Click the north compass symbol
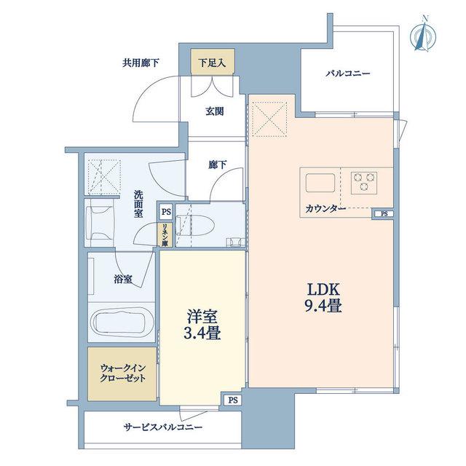coord(422,36)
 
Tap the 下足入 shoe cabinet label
coord(212,63)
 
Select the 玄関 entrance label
coord(215,111)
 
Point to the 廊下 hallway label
coord(218,165)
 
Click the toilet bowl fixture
coord(195,226)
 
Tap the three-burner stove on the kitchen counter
coord(364,183)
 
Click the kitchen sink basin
coord(320,183)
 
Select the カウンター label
coord(325,209)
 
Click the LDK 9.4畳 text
coord(323,297)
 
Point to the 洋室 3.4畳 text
coord(202,325)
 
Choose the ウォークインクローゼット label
coord(123,373)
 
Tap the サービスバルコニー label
coord(163,427)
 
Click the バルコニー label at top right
coord(348,73)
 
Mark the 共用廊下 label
coord(141,63)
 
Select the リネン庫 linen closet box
coord(165,234)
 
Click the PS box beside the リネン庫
coord(166,212)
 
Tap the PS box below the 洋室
coord(233,400)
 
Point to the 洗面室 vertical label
coord(138,204)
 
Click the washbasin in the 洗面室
coord(99,223)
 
